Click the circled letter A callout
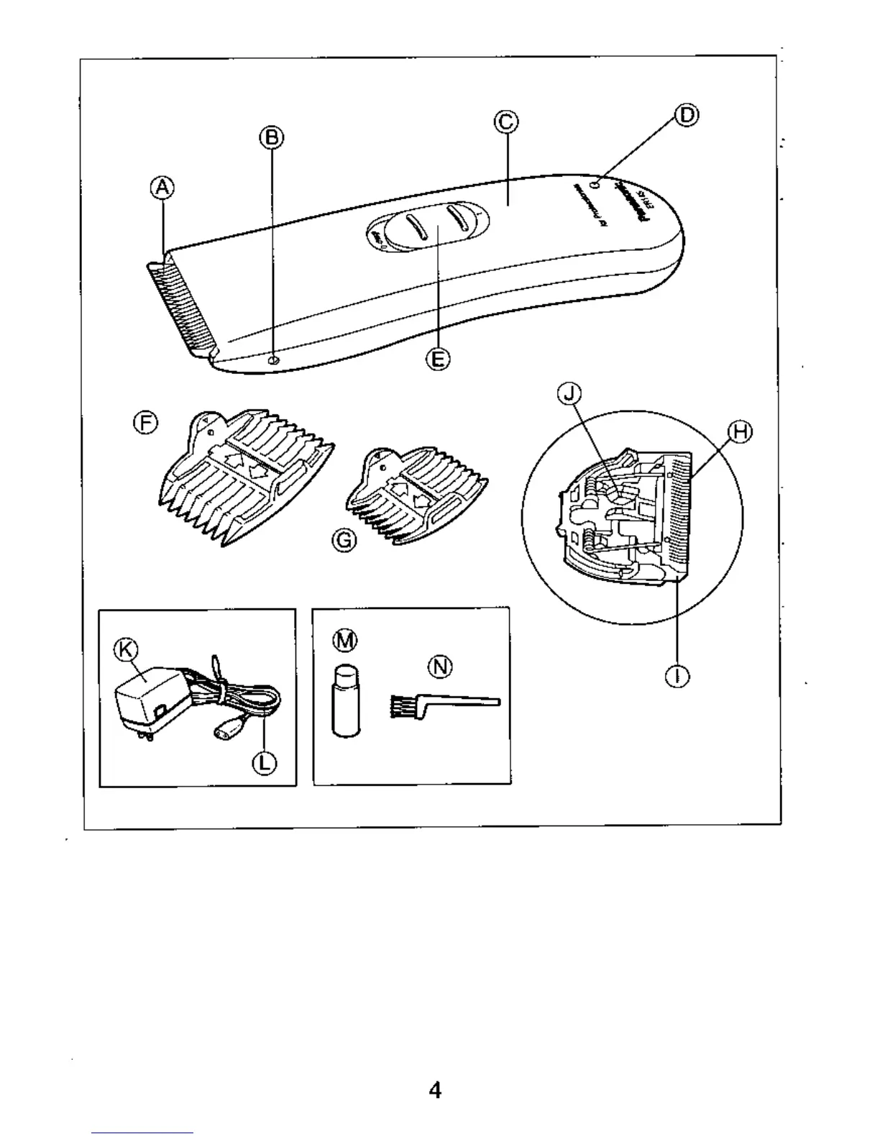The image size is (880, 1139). pos(162,188)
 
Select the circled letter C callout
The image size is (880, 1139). pos(506,122)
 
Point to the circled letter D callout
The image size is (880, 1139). pos(687,115)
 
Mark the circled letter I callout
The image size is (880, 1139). pos(677,676)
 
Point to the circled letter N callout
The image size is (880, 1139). pos(440,667)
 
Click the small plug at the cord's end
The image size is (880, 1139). pos(224,733)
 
